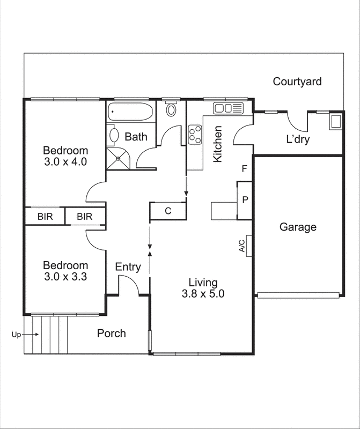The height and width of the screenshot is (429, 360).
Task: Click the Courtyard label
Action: pos(297,82)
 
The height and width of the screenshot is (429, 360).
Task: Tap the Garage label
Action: pos(298,227)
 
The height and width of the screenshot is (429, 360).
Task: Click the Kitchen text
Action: pos(218,144)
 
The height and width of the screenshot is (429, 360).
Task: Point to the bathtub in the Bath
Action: pos(130,112)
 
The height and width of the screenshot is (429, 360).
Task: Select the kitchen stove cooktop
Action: pos(194,134)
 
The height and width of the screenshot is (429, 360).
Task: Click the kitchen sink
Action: pos(229,108)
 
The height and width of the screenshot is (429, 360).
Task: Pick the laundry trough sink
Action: pos(336,121)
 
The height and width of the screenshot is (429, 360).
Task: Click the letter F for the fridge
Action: pos(244,169)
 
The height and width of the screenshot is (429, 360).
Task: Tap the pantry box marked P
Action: pos(245,199)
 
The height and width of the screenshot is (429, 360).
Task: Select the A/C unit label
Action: pos(241,246)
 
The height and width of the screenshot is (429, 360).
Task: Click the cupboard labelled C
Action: pos(168,211)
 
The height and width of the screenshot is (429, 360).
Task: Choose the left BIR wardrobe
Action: pos(45,217)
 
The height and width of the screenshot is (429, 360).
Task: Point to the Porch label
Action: pos(112,334)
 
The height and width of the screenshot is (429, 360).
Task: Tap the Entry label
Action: pos(128,267)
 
